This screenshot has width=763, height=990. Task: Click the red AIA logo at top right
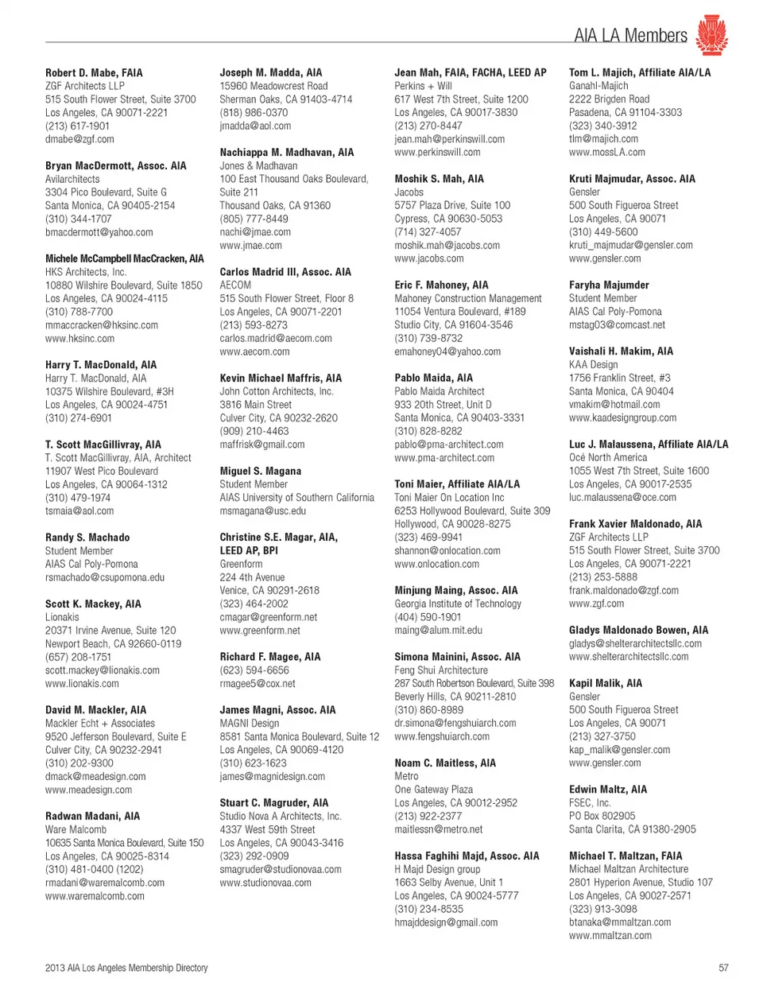click(x=711, y=35)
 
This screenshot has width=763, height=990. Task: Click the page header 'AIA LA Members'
click(x=630, y=36)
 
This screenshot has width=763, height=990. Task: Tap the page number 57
click(x=723, y=968)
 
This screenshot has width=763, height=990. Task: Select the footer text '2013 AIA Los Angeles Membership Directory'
click(x=126, y=968)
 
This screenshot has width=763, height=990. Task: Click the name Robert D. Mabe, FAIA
click(x=94, y=72)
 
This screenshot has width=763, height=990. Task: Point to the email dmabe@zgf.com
click(x=79, y=139)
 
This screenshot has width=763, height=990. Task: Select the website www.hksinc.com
click(x=79, y=339)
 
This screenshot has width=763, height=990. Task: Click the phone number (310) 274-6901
click(x=79, y=418)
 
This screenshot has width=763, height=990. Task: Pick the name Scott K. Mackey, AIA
click(x=93, y=604)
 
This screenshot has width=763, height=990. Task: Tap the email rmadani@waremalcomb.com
click(x=105, y=883)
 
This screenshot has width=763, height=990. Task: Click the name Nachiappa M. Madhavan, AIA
click(x=287, y=152)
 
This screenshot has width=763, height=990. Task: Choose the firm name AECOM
click(x=235, y=285)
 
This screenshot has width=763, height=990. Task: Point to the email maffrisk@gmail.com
click(x=262, y=445)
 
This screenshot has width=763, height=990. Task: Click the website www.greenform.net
click(x=260, y=631)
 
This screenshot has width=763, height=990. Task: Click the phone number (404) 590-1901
click(x=428, y=617)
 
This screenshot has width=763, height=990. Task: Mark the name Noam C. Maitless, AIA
click(x=445, y=763)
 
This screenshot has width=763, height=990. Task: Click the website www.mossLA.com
click(x=607, y=152)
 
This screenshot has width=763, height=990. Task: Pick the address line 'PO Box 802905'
click(x=602, y=816)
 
